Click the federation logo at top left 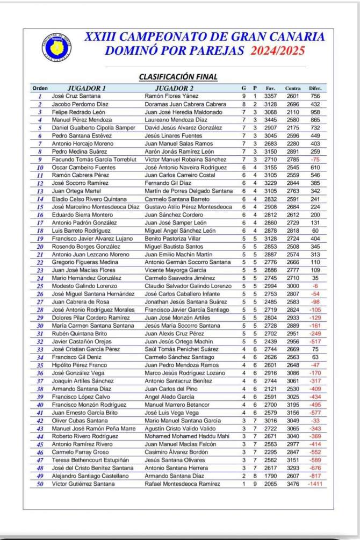click(x=56, y=46)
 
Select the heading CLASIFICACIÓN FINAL click(x=178, y=77)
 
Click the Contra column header click(x=293, y=88)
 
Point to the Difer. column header click(x=315, y=88)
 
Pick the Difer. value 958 click(x=315, y=112)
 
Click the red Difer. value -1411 click(x=315, y=484)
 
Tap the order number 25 click(x=40, y=286)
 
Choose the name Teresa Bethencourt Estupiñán click(x=89, y=460)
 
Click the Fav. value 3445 click(x=271, y=120)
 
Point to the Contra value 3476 click(x=293, y=484)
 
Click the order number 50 click(x=40, y=484)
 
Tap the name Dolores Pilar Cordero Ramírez click(x=90, y=318)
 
